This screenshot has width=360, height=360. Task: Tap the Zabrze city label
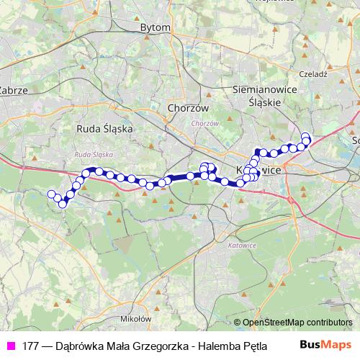point(13,91)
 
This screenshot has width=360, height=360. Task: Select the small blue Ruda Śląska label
point(94,155)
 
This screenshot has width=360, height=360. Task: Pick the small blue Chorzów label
point(205,123)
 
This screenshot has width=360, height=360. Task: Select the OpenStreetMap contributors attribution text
point(297,323)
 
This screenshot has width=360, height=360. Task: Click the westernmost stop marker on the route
point(51,194)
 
